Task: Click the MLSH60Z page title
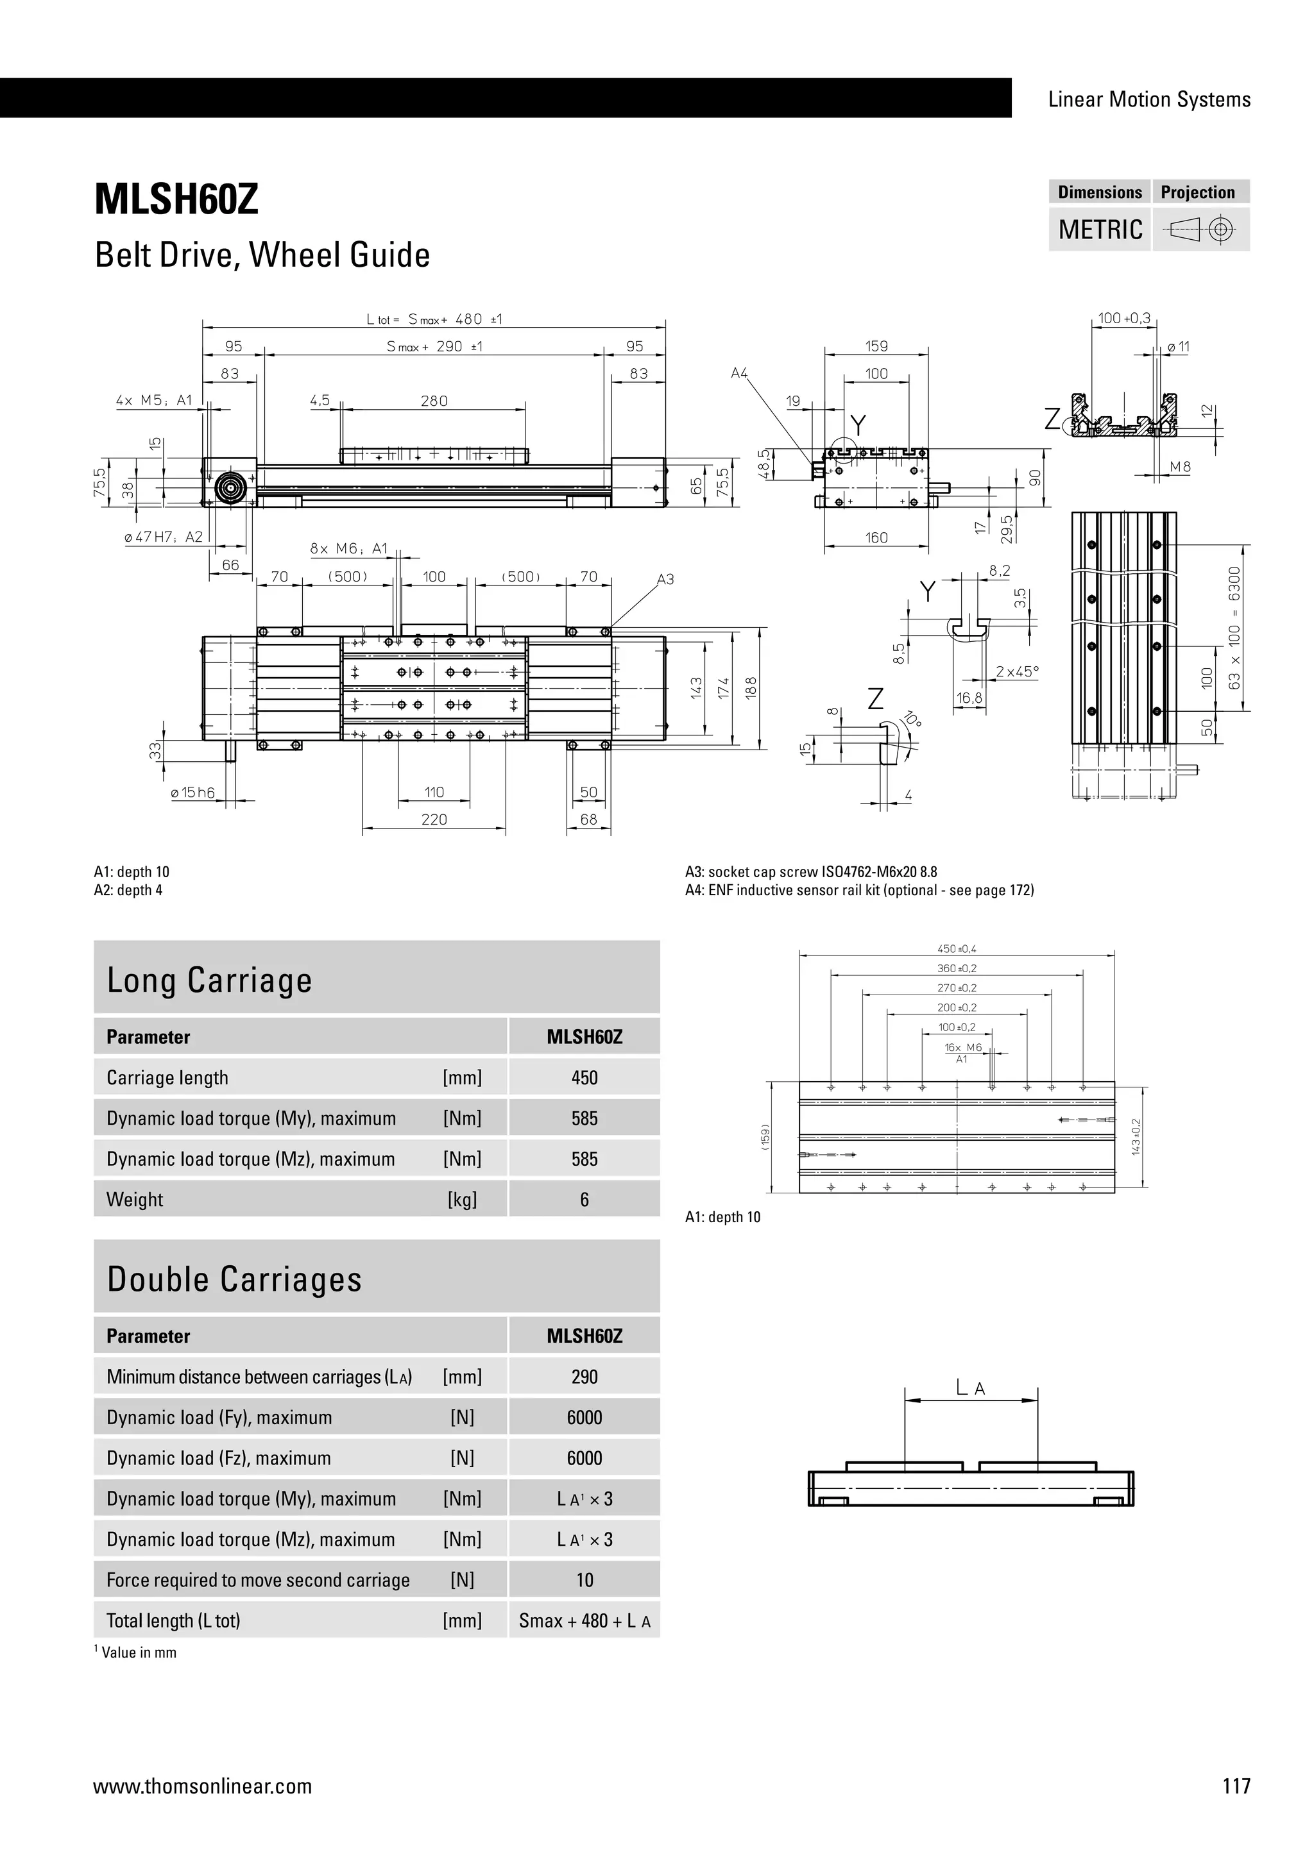[176, 199]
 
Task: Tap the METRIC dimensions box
[1100, 230]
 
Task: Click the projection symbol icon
[1200, 230]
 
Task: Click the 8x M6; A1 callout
[349, 549]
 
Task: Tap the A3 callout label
[665, 579]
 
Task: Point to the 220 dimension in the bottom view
[434, 819]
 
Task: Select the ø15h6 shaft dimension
[192, 793]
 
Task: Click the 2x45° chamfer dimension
[1016, 671]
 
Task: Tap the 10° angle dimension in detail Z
[913, 719]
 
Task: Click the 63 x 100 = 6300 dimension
[1234, 628]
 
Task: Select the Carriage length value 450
[584, 1078]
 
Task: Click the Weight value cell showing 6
[584, 1200]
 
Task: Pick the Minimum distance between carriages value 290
[584, 1377]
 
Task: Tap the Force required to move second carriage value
[584, 1579]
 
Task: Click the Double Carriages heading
[235, 1279]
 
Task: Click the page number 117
[1236, 1786]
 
